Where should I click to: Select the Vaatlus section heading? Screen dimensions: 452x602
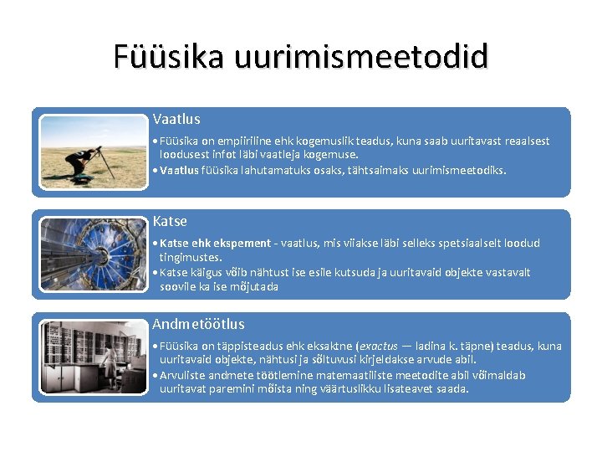click(x=176, y=120)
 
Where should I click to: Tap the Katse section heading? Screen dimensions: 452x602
click(x=170, y=222)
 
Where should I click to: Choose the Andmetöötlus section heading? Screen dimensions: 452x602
click(x=198, y=324)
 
